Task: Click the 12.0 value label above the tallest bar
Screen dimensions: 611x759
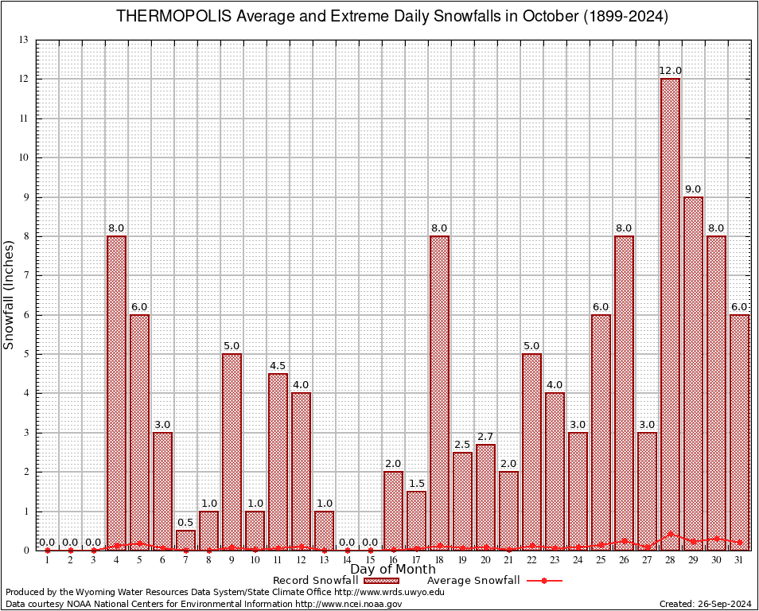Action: (670, 71)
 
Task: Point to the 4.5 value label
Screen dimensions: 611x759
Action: (278, 366)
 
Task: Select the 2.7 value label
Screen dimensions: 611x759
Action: (485, 437)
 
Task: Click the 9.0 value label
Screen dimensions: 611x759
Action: (693, 189)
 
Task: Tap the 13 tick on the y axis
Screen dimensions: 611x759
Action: (25, 40)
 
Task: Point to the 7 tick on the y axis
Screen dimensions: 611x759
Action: (26, 275)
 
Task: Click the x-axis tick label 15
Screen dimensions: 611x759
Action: (370, 561)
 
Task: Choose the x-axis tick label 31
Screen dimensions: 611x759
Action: (739, 561)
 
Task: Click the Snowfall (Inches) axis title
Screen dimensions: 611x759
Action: (10, 294)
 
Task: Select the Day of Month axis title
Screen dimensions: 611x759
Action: (392, 570)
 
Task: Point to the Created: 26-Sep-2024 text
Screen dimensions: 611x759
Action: (706, 605)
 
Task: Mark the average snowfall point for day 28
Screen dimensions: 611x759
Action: (670, 534)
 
